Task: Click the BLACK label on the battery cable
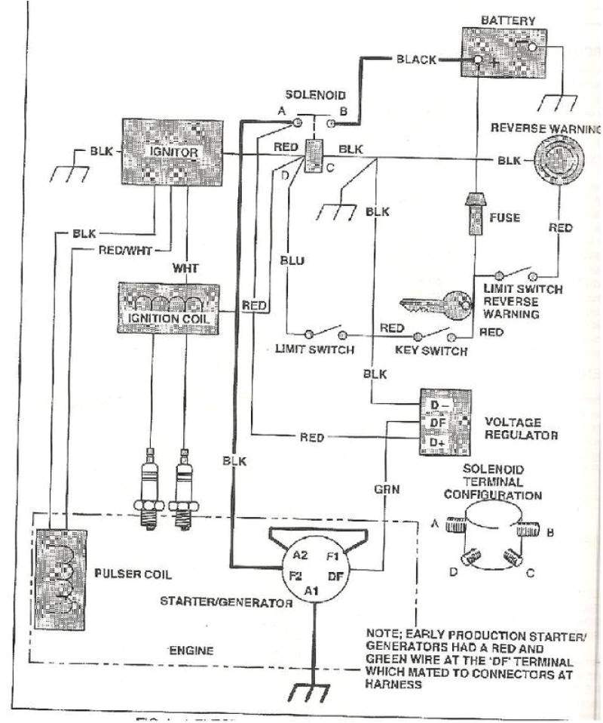pos(416,60)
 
